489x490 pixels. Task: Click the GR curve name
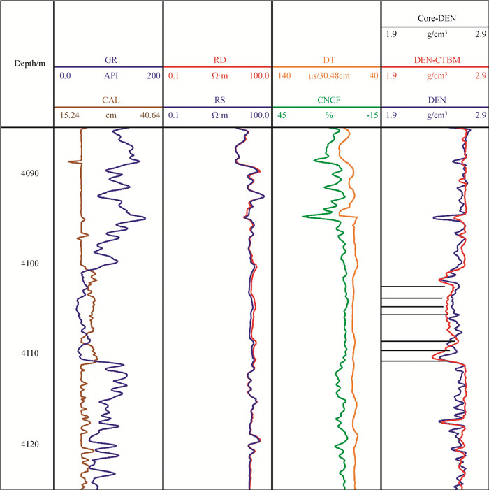108,61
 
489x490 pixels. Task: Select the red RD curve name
217,61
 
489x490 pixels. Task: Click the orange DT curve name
326,61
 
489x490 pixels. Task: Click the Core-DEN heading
435,19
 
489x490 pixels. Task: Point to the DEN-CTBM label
435,61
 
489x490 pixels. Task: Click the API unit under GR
108,75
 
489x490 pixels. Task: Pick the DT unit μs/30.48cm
326,75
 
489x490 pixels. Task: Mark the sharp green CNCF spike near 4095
305,217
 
